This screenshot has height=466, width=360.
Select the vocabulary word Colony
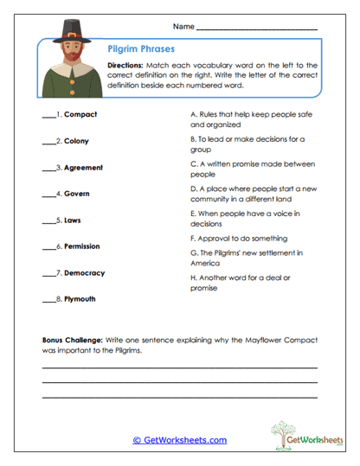click(x=76, y=141)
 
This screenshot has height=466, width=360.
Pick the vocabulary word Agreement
click(x=83, y=167)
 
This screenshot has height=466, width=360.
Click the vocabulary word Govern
click(x=76, y=194)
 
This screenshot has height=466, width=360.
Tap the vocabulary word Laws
click(x=73, y=220)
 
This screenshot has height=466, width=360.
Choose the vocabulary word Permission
click(x=83, y=246)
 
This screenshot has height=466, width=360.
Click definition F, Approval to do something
click(x=238, y=238)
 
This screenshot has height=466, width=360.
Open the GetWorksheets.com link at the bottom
click(x=179, y=440)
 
